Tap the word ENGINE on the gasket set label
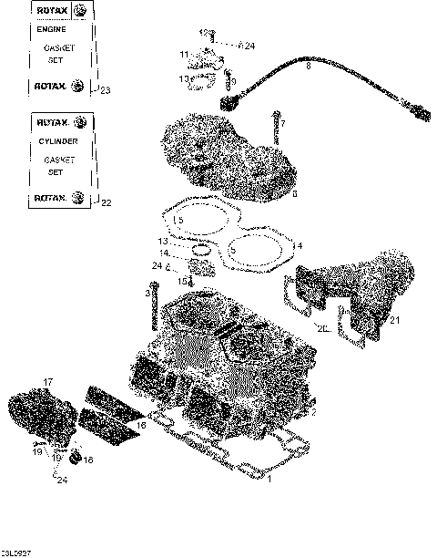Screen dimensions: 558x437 52,29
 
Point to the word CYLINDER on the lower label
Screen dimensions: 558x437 57,141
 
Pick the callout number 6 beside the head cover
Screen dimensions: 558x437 294,193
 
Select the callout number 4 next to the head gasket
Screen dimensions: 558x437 299,246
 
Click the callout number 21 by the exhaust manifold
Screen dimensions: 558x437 393,320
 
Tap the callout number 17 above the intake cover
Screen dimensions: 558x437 48,381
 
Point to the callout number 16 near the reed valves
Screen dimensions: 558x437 141,425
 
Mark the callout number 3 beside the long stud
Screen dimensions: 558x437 147,293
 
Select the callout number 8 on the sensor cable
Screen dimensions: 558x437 308,67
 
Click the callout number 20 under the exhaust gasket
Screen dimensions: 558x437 323,327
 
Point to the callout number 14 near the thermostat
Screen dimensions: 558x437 165,253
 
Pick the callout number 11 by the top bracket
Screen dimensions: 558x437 184,55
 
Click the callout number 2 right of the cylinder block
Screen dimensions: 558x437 312,412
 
